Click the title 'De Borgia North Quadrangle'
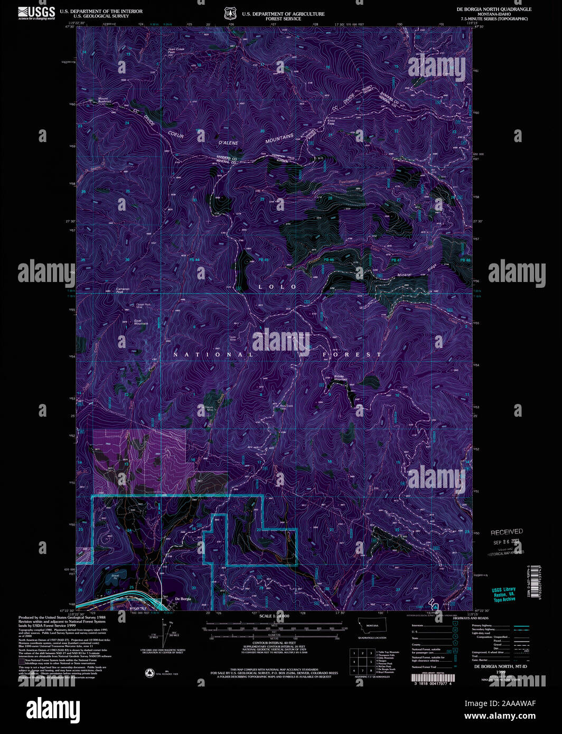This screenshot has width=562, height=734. [x=494, y=10]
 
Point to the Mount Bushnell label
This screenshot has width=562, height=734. [x=103, y=100]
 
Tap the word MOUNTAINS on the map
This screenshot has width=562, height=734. [x=279, y=139]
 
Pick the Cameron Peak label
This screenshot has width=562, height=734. [x=123, y=290]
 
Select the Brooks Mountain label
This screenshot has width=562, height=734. [x=340, y=378]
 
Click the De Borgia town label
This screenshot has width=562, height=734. [x=183, y=599]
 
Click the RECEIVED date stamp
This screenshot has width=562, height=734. [x=506, y=532]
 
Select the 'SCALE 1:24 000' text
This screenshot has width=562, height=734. [x=274, y=616]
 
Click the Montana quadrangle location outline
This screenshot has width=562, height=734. [x=372, y=626]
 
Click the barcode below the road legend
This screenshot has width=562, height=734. [x=433, y=677]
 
